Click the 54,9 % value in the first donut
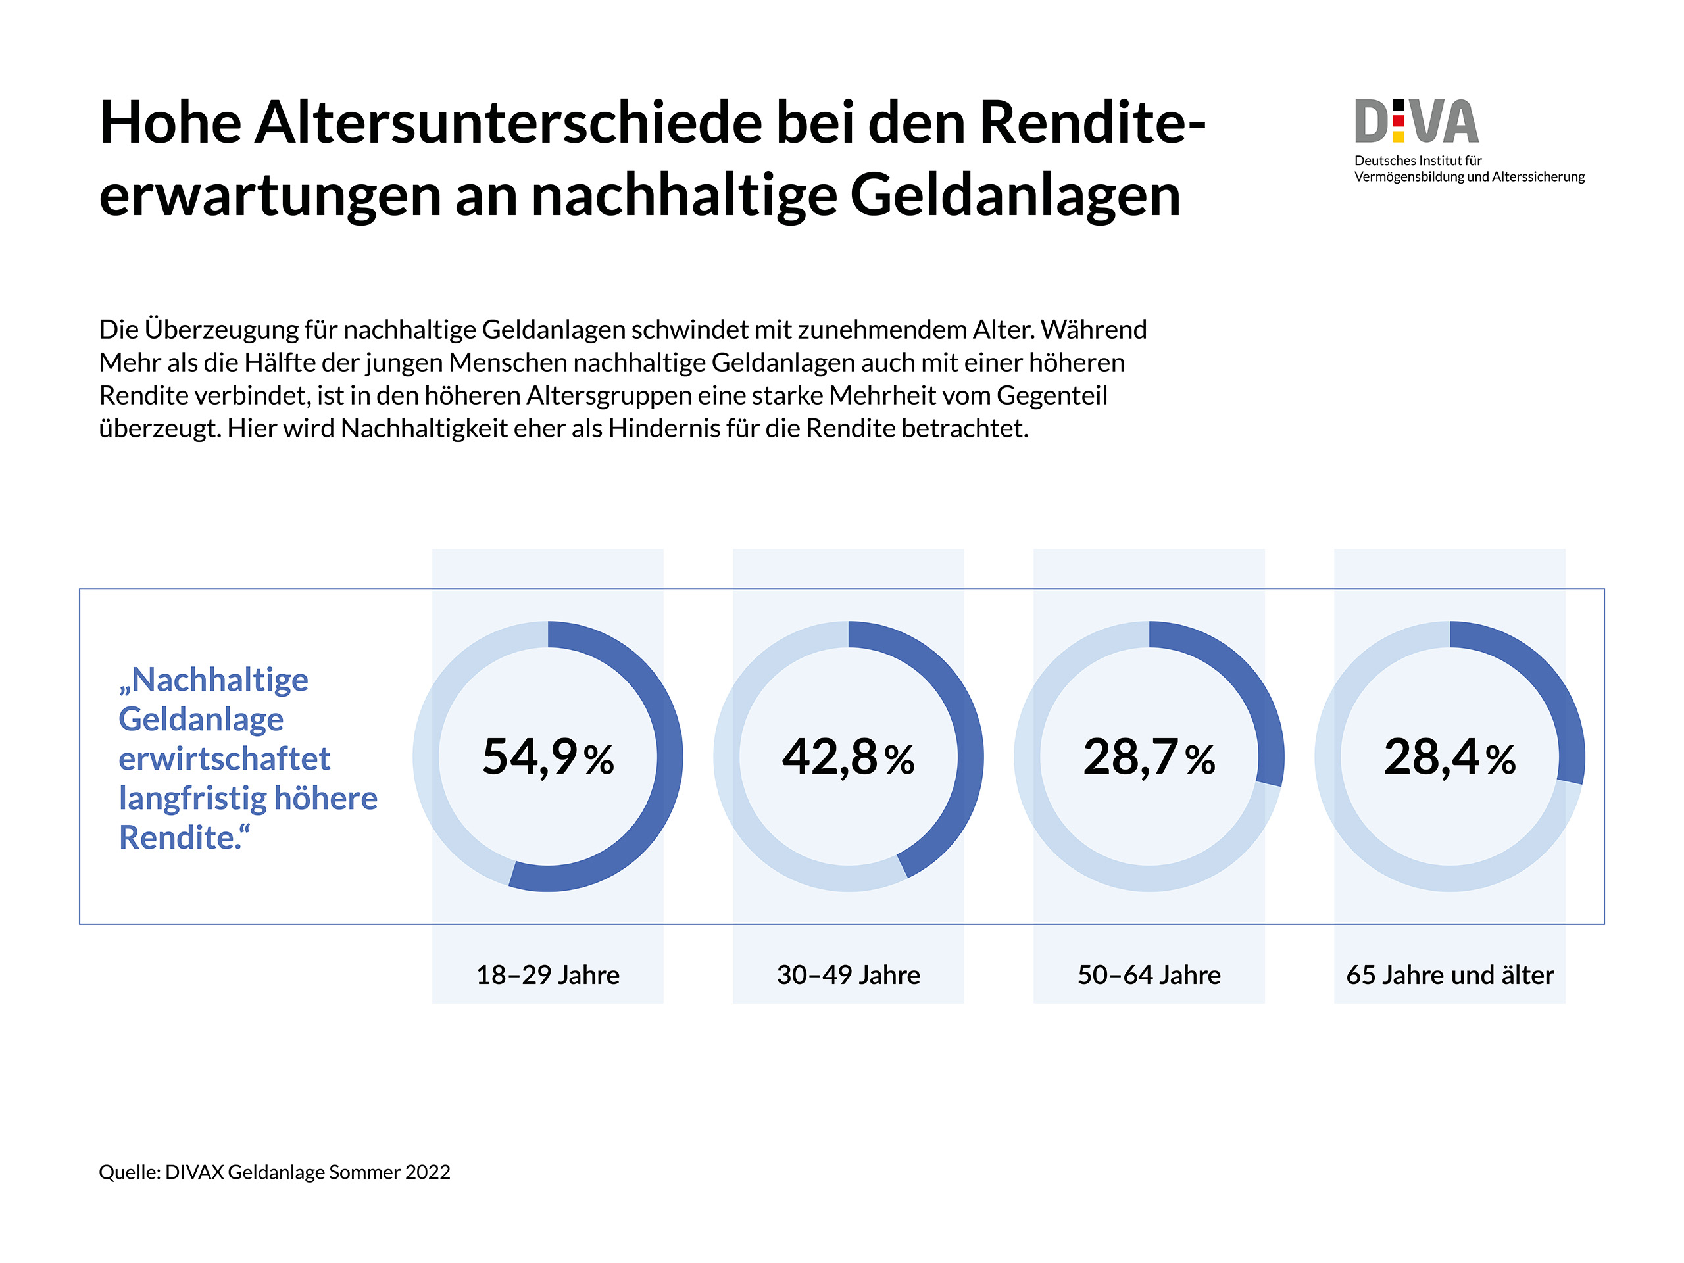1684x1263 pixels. point(547,758)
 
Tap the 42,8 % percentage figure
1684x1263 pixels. point(848,758)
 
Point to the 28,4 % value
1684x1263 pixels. point(1450,758)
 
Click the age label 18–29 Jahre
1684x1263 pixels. point(547,976)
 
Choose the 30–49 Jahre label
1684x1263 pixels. point(848,976)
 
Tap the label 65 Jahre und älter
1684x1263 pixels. point(1450,976)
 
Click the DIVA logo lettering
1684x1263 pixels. point(1416,122)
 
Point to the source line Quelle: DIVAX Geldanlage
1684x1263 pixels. point(274,1172)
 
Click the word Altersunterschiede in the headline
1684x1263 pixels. point(507,122)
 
